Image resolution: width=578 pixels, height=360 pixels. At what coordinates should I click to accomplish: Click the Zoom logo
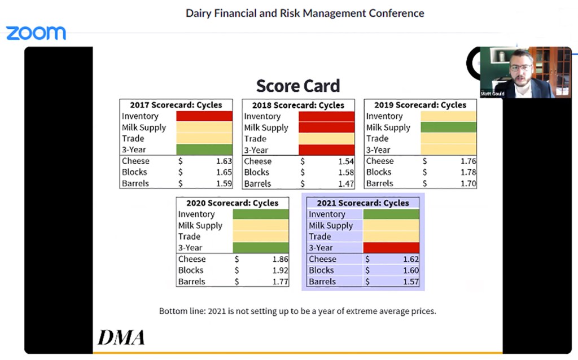[36, 33]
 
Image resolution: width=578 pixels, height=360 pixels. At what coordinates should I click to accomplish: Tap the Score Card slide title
[297, 86]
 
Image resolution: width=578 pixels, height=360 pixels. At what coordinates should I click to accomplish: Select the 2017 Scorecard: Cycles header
[176, 105]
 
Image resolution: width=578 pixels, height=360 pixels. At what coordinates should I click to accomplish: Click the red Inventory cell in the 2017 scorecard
[204, 116]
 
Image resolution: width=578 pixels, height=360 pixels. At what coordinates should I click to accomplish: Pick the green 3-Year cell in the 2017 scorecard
[204, 150]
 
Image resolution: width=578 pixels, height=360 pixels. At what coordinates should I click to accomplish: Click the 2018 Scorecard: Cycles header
[298, 105]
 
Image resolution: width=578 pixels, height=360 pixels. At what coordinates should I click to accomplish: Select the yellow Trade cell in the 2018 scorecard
[326, 139]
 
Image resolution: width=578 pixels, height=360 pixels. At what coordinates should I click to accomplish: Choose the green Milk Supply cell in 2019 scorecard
[448, 128]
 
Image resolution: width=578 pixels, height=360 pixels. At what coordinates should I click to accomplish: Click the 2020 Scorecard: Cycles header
[232, 203]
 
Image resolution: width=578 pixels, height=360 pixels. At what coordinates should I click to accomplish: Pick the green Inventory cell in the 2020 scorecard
[260, 214]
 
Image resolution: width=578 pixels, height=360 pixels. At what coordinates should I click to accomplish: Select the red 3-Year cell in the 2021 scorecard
[391, 248]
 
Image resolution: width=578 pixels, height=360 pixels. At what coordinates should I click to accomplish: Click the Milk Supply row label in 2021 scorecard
[331, 226]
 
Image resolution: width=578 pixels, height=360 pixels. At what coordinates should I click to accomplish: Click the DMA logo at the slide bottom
[121, 337]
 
